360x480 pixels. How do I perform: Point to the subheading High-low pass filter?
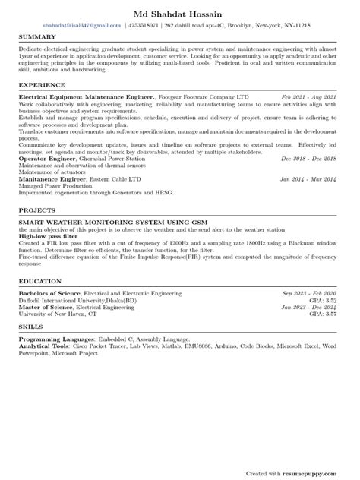pos(47,236)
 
